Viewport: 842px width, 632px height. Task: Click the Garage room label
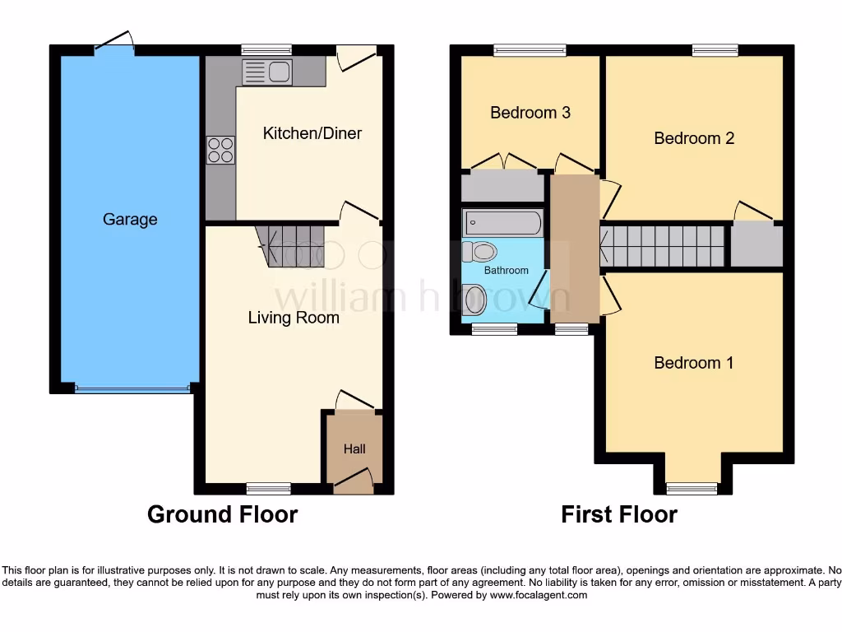tap(130, 220)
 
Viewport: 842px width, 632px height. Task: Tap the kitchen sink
tap(266, 72)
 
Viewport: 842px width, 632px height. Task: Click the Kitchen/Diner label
tap(312, 133)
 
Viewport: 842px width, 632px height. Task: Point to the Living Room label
tap(294, 318)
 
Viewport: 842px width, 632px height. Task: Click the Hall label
tap(354, 448)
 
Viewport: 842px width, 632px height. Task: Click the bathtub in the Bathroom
tap(502, 223)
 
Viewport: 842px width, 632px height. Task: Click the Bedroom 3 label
tap(530, 113)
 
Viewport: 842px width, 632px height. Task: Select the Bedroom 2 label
tap(694, 138)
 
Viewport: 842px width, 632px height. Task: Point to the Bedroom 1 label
tap(694, 363)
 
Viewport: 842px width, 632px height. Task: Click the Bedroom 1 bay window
tap(692, 488)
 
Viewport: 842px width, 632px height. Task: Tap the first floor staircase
tap(663, 246)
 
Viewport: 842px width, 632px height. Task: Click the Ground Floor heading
tap(222, 515)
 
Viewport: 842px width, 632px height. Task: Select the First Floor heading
tap(619, 515)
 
